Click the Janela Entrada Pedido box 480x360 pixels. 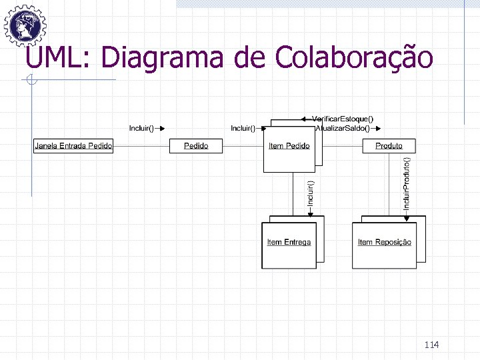tap(73, 145)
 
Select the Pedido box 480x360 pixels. tap(196, 145)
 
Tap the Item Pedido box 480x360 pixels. tap(289, 146)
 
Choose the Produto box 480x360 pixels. tap(389, 145)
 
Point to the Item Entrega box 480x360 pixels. tap(289, 242)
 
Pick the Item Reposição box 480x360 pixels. tap(384, 242)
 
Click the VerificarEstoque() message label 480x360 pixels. tap(343, 119)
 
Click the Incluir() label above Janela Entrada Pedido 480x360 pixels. tap(141, 127)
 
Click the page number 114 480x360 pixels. tap(431, 345)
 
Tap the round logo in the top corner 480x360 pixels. tap(25, 25)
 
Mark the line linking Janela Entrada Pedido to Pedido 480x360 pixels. tap(141, 145)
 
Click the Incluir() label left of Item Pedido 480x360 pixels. tap(243, 127)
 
